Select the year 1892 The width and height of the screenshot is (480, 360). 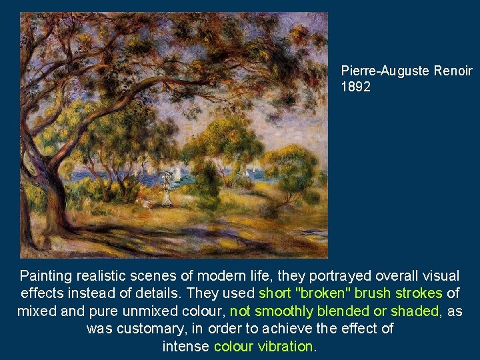(x=356, y=87)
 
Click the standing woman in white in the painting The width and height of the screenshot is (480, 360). (x=166, y=191)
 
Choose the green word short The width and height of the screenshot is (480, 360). (x=273, y=293)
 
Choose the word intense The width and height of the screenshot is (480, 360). (x=186, y=347)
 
